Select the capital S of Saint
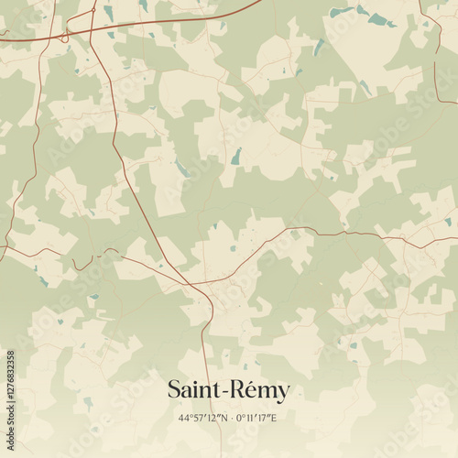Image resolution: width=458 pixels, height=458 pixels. [x=174, y=390]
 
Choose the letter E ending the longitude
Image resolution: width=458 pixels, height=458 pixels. [x=274, y=418]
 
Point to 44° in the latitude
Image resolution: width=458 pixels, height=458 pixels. [x=186, y=418]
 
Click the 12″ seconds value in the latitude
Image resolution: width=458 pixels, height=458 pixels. [x=212, y=418]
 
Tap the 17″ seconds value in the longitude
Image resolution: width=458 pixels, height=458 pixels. [x=265, y=418]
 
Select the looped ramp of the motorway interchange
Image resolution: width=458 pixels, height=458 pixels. [x=64, y=37]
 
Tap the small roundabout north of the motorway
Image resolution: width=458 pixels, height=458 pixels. [x=93, y=12]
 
